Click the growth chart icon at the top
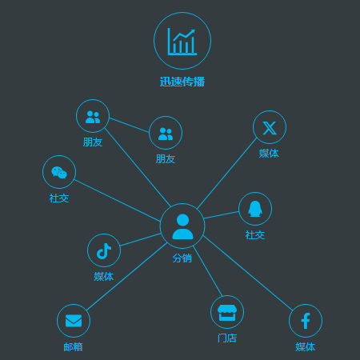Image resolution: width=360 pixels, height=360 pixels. point(182,42)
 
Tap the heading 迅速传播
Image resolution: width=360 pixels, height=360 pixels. point(182,82)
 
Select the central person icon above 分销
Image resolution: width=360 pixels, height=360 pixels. point(182,226)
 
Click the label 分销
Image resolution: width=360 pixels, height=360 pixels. point(182,258)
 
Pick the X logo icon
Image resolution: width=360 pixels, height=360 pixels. point(270,128)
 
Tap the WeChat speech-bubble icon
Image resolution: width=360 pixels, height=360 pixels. point(59,173)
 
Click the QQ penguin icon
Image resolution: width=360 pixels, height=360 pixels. point(255,209)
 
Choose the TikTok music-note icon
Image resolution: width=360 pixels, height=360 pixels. point(104,251)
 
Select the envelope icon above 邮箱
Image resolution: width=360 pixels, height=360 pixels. point(74,321)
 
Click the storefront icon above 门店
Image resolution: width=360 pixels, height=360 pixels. point(227,313)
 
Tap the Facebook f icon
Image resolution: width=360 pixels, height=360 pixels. point(306,321)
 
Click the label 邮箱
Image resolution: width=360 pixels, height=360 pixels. point(73,347)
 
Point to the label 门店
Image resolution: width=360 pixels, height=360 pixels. point(227,338)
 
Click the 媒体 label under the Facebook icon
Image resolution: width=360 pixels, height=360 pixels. point(306,347)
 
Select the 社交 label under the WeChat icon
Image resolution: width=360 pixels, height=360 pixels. point(59,198)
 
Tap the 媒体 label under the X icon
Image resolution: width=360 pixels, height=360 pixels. point(269,154)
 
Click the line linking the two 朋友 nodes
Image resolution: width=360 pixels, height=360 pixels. point(129,125)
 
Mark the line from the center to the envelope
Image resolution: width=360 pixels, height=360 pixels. point(127,277)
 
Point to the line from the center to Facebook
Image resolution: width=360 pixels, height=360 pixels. point(248,273)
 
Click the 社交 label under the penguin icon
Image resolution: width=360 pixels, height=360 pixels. point(255,235)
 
